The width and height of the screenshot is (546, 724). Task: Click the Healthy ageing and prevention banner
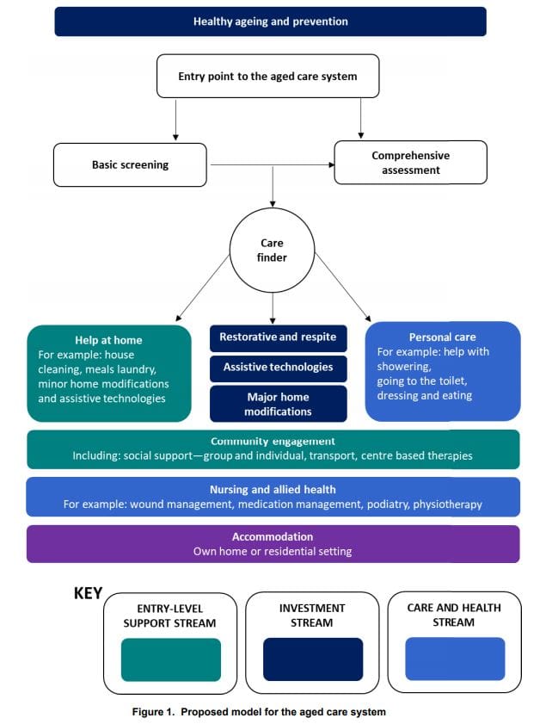pyautogui.click(x=270, y=22)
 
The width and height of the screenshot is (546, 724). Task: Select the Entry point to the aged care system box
pyautogui.click(x=267, y=77)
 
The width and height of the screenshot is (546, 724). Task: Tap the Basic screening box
pyautogui.click(x=130, y=164)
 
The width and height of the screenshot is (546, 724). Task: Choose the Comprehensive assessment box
pyautogui.click(x=410, y=163)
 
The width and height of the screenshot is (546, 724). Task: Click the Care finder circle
pyautogui.click(x=272, y=250)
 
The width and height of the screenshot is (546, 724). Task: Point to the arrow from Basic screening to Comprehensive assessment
pyautogui.click(x=271, y=164)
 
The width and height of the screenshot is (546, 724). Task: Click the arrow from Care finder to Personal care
pyautogui.click(x=343, y=289)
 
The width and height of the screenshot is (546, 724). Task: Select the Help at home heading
pyautogui.click(x=108, y=340)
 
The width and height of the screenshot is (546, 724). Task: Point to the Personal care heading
pyautogui.click(x=443, y=337)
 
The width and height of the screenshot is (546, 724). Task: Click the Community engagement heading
pyautogui.click(x=273, y=441)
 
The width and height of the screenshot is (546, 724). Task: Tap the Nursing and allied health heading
pyautogui.click(x=273, y=489)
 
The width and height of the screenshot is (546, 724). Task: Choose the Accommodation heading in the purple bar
pyautogui.click(x=273, y=536)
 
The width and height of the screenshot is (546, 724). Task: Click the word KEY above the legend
pyautogui.click(x=88, y=593)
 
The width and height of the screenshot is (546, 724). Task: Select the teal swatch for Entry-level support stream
pyautogui.click(x=171, y=659)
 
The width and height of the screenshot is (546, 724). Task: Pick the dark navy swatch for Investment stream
pyautogui.click(x=312, y=659)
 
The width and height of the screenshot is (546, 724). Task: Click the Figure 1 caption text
pyautogui.click(x=272, y=711)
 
